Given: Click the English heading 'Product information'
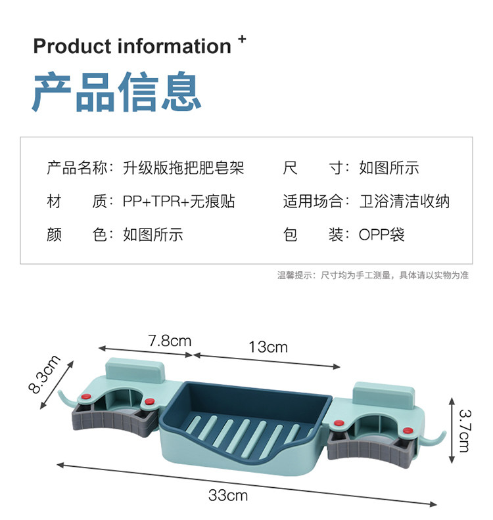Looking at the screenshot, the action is click(131, 47).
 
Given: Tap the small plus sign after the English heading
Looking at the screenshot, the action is click(242, 39).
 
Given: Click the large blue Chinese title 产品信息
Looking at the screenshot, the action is click(116, 93).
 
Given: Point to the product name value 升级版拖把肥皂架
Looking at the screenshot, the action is click(183, 168).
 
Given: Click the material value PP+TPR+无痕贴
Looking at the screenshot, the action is click(179, 202).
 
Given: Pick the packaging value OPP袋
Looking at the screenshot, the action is click(382, 234).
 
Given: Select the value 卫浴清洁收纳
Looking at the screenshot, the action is click(405, 202).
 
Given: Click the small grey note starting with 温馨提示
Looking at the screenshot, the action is click(373, 276).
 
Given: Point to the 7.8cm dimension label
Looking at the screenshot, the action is click(170, 341).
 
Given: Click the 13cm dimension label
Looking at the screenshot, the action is click(268, 347).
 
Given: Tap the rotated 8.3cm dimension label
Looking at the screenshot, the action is click(45, 374).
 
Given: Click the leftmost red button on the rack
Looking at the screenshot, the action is click(85, 396).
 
